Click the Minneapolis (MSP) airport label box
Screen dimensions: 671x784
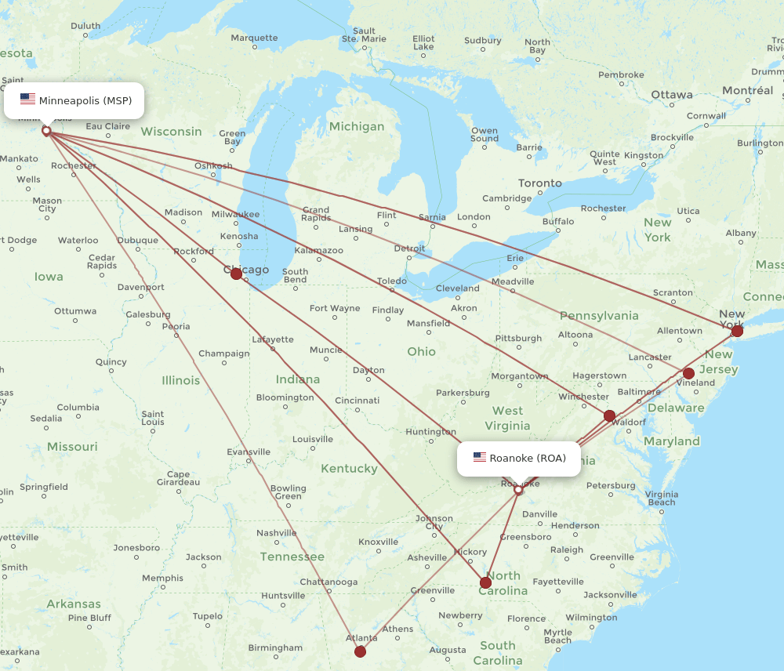coord(74,100)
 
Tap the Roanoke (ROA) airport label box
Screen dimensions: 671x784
coord(519,458)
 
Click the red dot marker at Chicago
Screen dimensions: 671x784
coord(236,274)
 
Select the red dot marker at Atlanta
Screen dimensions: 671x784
coord(360,651)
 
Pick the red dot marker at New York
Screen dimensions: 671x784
coord(737,331)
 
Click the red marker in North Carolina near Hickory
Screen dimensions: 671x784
coord(486,582)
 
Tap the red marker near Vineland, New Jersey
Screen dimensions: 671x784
coord(688,373)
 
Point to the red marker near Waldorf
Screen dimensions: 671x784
coord(609,415)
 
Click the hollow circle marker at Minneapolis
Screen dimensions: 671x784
coord(46,131)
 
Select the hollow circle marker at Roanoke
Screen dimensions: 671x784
coord(518,490)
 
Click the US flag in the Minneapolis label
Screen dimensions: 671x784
coord(28,100)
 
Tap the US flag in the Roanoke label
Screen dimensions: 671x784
coord(480,458)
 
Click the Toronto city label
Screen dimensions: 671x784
coord(539,183)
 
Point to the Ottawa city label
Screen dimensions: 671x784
coord(672,95)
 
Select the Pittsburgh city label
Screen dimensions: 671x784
coord(518,339)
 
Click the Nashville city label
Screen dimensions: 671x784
coord(276,533)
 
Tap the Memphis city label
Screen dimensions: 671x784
coord(162,579)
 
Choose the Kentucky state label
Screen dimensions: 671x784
coord(349,469)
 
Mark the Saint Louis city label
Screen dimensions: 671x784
coord(153,419)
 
